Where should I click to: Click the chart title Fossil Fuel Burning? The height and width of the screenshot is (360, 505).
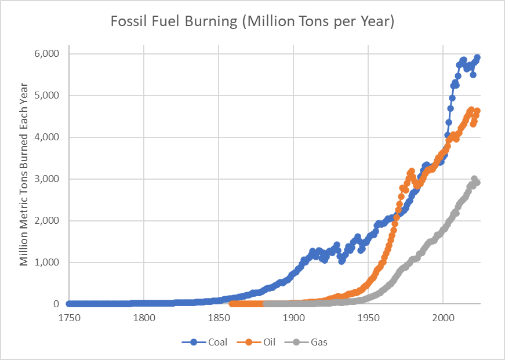[252, 22]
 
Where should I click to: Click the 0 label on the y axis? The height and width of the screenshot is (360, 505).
[57, 304]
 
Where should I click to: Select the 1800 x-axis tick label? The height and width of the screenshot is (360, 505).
[144, 318]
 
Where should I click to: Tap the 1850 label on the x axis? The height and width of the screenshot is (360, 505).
[219, 318]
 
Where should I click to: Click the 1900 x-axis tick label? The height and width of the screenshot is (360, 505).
[293, 318]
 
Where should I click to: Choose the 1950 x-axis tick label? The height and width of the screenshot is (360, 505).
[368, 318]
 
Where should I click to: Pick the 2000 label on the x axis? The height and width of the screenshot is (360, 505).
[443, 318]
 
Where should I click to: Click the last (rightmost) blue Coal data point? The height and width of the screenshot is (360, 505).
[477, 57]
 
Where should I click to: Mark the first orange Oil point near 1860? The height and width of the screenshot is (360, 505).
[232, 304]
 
